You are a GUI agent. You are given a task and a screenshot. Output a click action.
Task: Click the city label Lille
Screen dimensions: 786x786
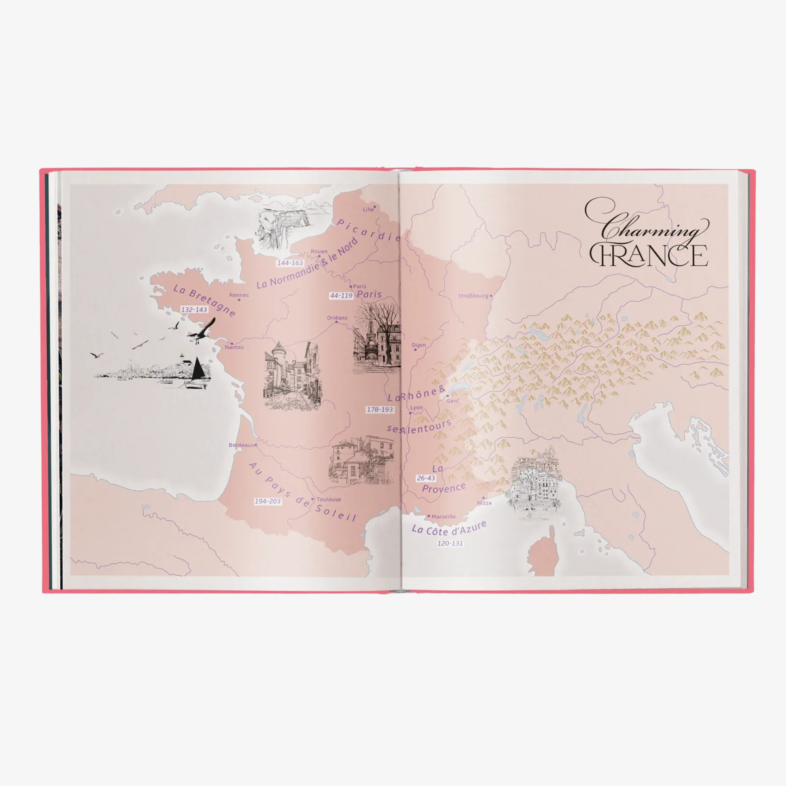pos(368,209)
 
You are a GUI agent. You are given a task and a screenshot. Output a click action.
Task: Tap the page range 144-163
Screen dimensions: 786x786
pos(290,263)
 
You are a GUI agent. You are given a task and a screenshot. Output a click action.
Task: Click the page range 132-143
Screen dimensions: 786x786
pos(194,310)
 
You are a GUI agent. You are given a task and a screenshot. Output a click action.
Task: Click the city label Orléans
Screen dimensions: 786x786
pos(337,318)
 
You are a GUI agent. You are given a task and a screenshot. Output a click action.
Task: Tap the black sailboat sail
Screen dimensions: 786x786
pos(198,368)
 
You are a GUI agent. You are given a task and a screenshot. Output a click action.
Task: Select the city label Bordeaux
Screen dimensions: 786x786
pos(241,445)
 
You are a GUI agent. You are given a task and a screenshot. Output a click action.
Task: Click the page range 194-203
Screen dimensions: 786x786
pos(268,501)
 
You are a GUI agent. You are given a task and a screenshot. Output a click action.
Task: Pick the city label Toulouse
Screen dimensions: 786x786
pos(329,500)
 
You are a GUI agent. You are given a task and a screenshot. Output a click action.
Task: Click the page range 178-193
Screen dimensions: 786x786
pos(380,410)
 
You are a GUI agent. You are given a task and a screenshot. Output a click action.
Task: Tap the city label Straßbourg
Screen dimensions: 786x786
pos(473,296)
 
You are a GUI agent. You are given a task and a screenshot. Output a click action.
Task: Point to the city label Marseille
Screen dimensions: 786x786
pos(443,517)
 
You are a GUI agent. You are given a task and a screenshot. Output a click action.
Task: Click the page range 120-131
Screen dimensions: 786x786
pos(450,544)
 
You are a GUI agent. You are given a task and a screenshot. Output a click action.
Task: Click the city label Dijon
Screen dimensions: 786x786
pos(419,345)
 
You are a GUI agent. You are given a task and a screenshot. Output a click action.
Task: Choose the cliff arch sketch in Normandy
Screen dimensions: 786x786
pos(281,228)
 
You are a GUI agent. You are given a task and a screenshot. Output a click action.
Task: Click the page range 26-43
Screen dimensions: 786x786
pos(426,478)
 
